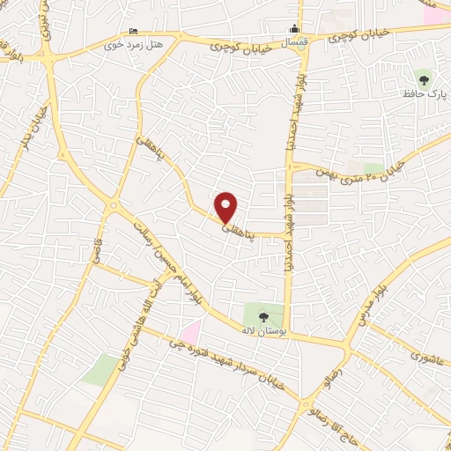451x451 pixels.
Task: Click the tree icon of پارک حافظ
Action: (x=425, y=78)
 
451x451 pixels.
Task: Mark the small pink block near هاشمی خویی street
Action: (x=192, y=332)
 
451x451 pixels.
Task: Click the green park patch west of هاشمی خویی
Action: (x=100, y=368)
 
